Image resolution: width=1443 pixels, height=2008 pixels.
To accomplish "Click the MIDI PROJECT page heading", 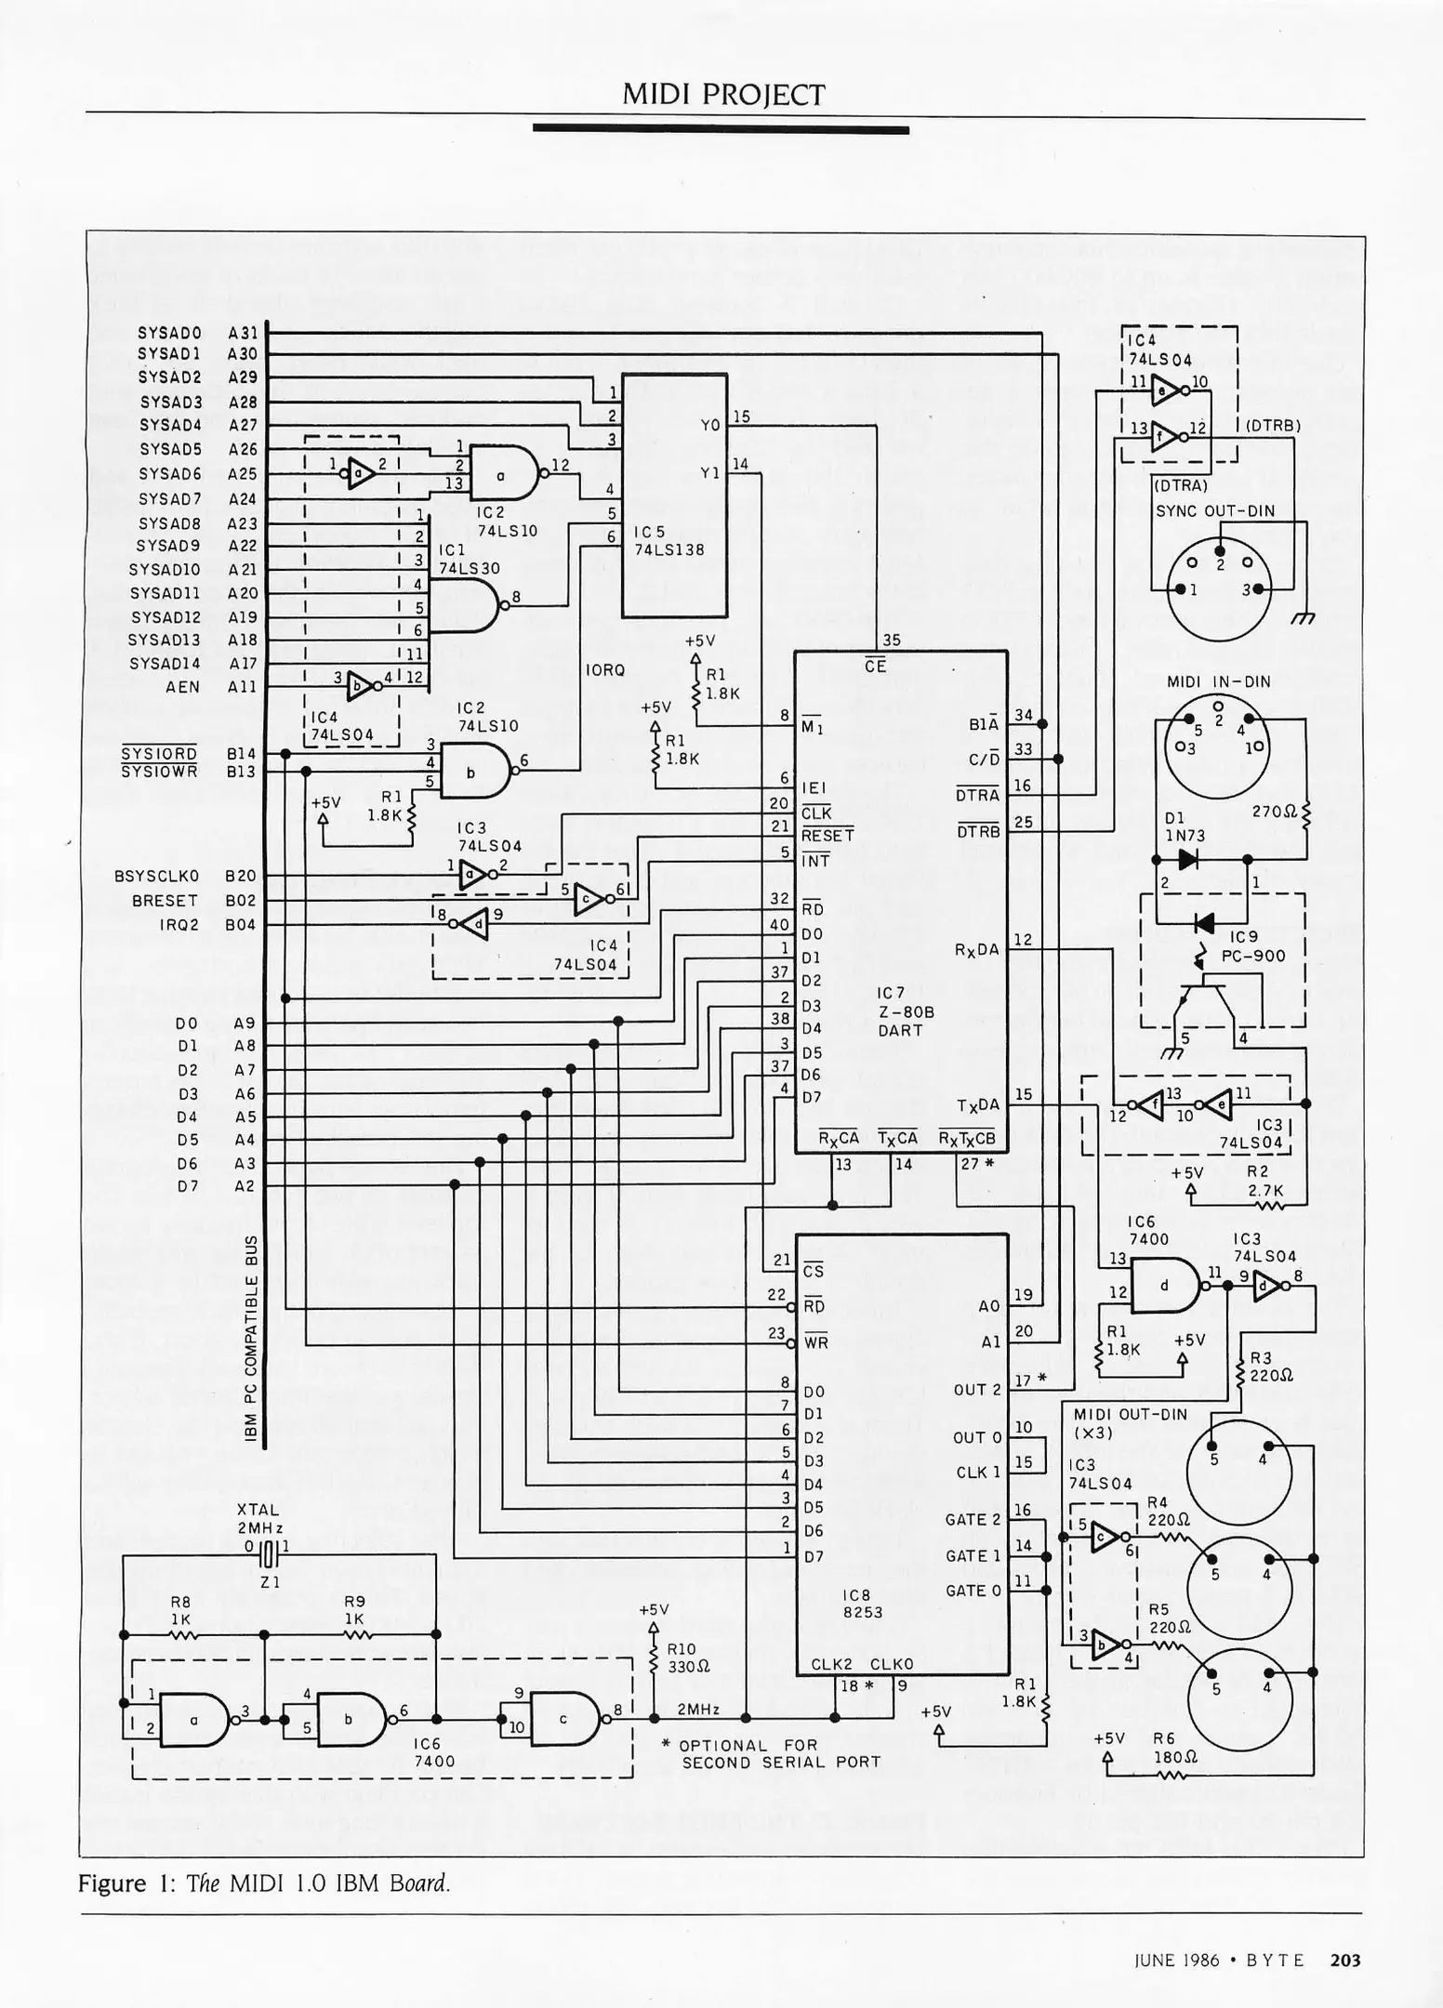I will (722, 94).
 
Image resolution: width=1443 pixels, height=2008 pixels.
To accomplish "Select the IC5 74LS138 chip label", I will (669, 541).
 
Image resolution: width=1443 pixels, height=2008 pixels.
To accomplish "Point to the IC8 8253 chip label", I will (862, 1604).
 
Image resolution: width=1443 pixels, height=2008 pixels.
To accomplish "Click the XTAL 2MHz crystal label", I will (260, 1519).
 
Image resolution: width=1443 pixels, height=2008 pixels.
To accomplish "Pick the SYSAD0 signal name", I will (169, 331).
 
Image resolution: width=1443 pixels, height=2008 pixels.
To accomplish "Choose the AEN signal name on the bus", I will (183, 687).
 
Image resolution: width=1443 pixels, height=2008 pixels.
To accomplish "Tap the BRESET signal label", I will (165, 900).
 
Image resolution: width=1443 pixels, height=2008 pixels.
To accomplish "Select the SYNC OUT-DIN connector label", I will (1215, 510).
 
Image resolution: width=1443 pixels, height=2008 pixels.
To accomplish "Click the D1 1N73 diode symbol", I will (1187, 860).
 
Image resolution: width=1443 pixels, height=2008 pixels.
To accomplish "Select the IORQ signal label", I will (605, 669).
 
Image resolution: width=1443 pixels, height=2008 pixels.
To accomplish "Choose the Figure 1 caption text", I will (264, 1883).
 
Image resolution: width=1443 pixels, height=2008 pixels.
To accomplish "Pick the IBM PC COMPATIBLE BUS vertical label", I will (251, 1339).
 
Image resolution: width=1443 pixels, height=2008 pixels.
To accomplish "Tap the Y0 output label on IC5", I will (709, 425).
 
